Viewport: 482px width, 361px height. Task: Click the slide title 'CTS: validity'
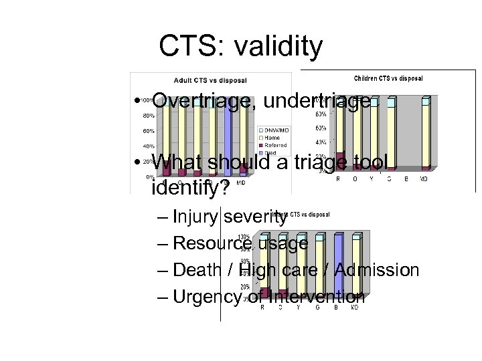click(x=240, y=47)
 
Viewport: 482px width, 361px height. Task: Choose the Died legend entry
click(x=269, y=152)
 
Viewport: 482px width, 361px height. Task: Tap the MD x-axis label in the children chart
click(x=424, y=179)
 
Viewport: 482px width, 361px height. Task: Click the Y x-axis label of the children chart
click(x=372, y=179)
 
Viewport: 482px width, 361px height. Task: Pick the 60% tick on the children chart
click(x=321, y=128)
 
